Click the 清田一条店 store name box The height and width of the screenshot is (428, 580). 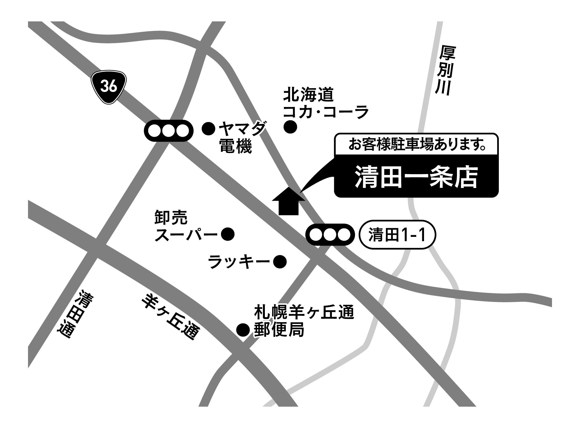point(416,177)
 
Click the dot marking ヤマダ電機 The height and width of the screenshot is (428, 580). point(208,128)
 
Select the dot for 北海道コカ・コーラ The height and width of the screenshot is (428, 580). point(290,127)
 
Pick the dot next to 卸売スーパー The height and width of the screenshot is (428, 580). point(228,234)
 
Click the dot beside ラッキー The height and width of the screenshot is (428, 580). point(280,262)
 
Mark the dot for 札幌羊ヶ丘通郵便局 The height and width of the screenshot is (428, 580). point(243,330)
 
